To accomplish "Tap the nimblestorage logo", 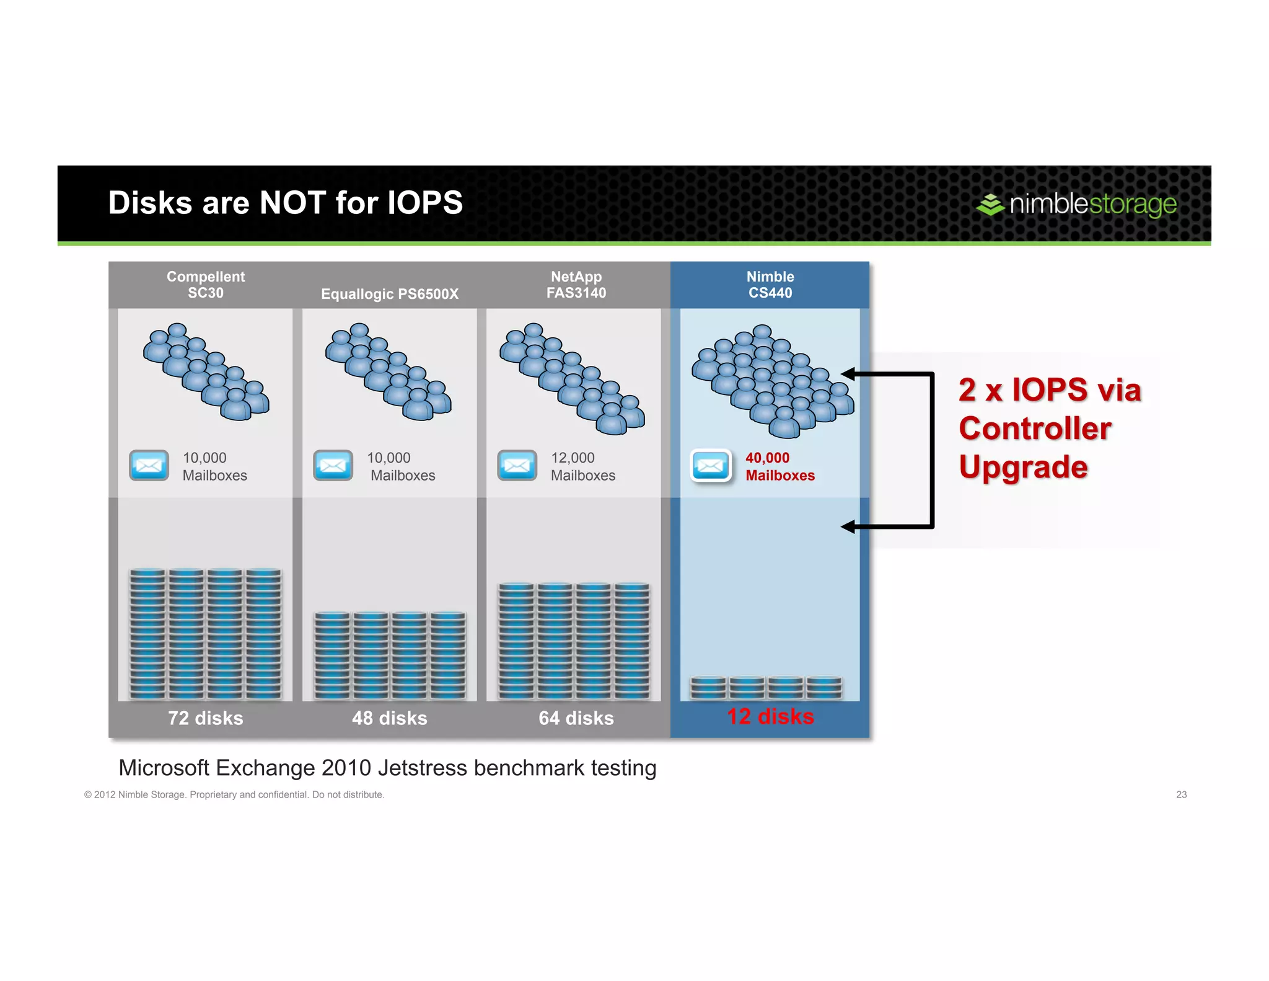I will (x=1076, y=204).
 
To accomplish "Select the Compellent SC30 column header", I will (x=206, y=285).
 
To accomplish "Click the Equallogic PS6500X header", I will (x=390, y=294).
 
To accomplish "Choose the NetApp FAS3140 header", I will (x=576, y=285).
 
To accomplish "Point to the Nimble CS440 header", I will (x=770, y=285).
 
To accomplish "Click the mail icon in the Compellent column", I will (x=149, y=465).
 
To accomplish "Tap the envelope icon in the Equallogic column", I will (x=333, y=465).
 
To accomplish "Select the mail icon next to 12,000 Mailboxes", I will (x=517, y=465).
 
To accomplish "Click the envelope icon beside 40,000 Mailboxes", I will (x=711, y=465).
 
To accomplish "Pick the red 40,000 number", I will (x=767, y=458).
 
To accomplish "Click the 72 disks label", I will (x=206, y=718).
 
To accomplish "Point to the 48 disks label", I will (x=390, y=718).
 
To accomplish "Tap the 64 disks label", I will (x=576, y=718).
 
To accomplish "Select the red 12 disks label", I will (x=770, y=716).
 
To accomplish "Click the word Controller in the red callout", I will (x=1035, y=428).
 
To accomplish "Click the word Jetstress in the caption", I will (x=422, y=768).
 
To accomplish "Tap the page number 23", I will (x=1181, y=794).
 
